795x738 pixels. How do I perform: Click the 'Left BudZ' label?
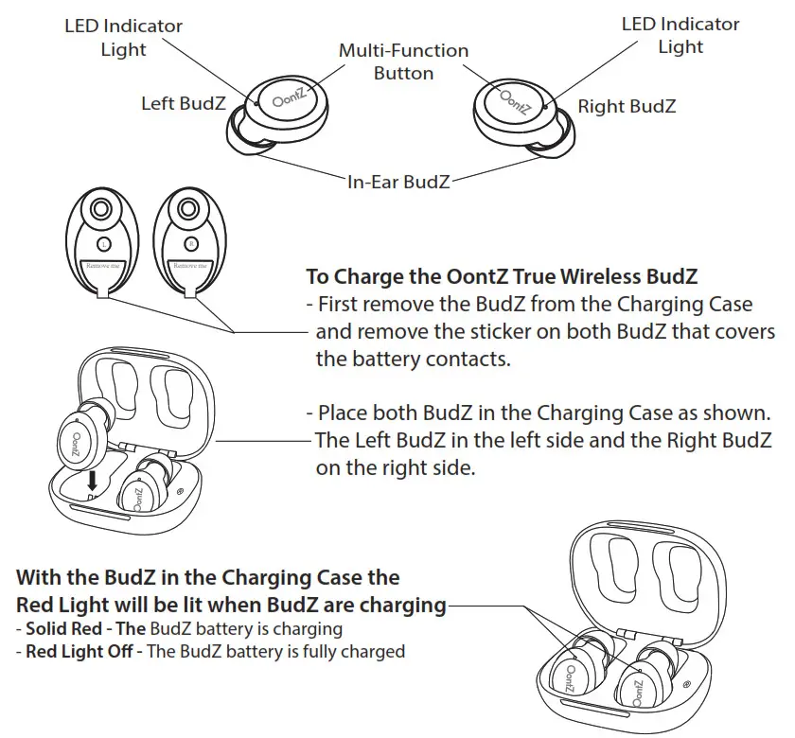click(184, 103)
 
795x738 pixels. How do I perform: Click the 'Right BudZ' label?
click(627, 106)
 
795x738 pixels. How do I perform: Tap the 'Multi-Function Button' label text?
click(403, 61)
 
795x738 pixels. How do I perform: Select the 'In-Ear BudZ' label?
click(397, 181)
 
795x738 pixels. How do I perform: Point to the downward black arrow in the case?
click(92, 480)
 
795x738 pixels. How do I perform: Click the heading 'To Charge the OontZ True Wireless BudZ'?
click(501, 277)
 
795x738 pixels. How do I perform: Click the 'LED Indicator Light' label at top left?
click(123, 36)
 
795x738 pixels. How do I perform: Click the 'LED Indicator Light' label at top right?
click(680, 34)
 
